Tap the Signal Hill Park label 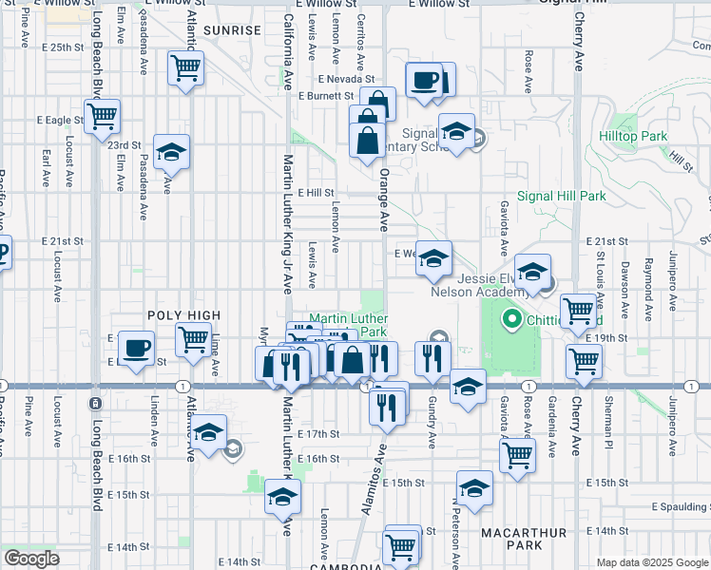point(561,197)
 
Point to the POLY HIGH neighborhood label point(183,315)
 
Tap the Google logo point(31,559)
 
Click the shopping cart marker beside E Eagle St point(102,116)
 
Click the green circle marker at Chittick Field point(514,319)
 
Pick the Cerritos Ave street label point(360,43)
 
